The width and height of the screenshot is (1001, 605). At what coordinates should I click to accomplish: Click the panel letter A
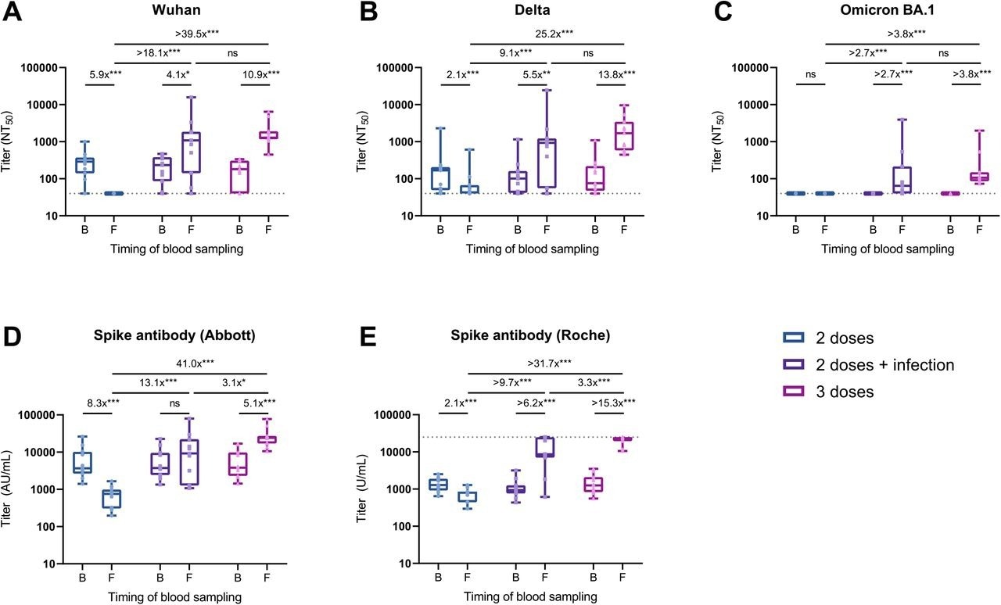pyautogui.click(x=15, y=14)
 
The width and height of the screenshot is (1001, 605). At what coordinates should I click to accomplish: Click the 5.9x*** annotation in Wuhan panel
pyautogui.click(x=99, y=74)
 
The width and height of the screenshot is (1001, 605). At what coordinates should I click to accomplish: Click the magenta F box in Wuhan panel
pyautogui.click(x=269, y=134)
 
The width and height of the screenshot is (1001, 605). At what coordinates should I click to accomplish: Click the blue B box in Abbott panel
pyautogui.click(x=83, y=462)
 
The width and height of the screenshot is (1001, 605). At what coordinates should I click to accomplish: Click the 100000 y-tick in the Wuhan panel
pyautogui.click(x=45, y=67)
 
